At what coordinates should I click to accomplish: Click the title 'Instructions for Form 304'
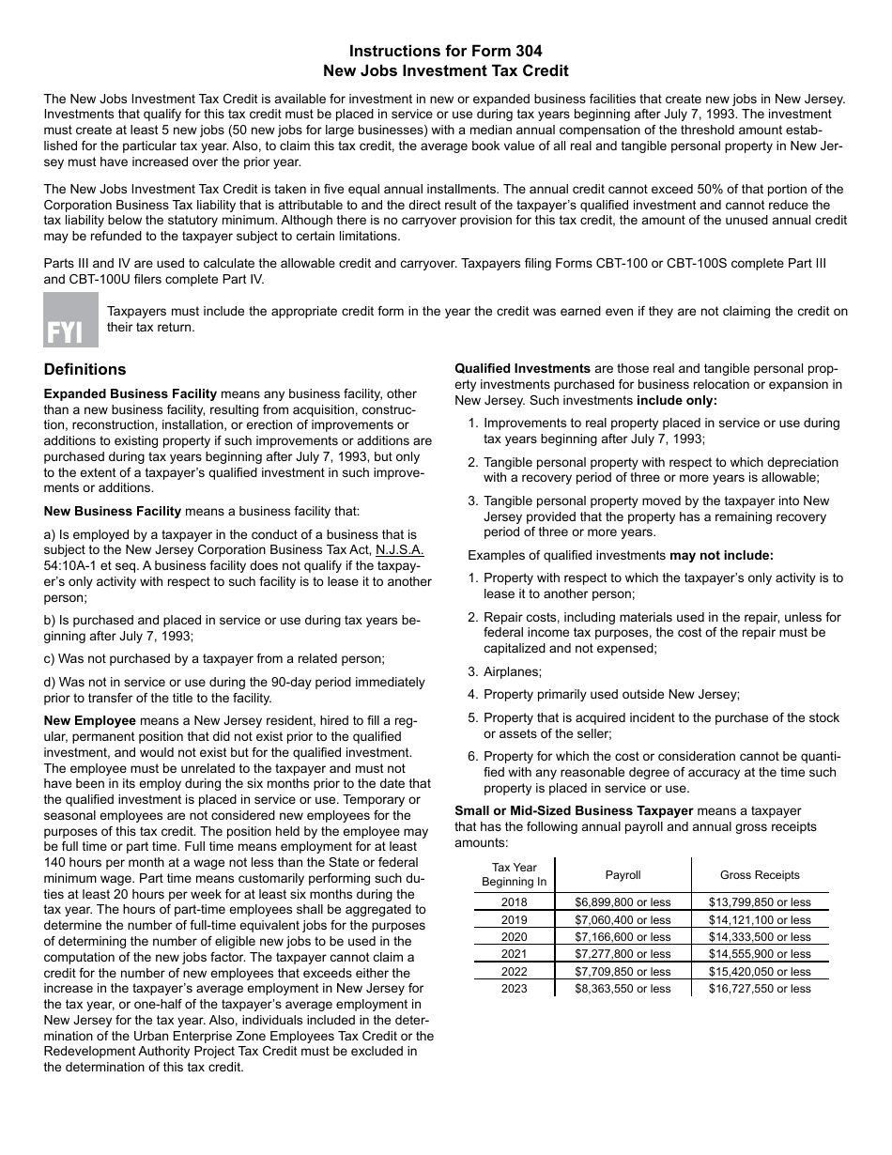tap(445, 51)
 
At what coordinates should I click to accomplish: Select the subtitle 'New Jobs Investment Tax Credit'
tap(445, 70)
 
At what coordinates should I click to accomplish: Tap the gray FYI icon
tap(70, 320)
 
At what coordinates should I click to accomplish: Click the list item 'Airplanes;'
tap(513, 671)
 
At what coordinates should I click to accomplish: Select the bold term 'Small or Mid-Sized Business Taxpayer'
tap(574, 810)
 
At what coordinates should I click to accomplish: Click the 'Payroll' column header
tap(623, 875)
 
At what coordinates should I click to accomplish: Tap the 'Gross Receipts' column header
tap(760, 875)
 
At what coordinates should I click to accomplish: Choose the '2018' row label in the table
tap(514, 902)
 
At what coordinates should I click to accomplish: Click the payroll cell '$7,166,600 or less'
tap(623, 937)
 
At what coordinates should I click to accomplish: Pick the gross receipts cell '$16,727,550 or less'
tap(760, 989)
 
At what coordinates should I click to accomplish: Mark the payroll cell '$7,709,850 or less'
tap(623, 972)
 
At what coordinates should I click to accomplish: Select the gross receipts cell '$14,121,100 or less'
tap(760, 920)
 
